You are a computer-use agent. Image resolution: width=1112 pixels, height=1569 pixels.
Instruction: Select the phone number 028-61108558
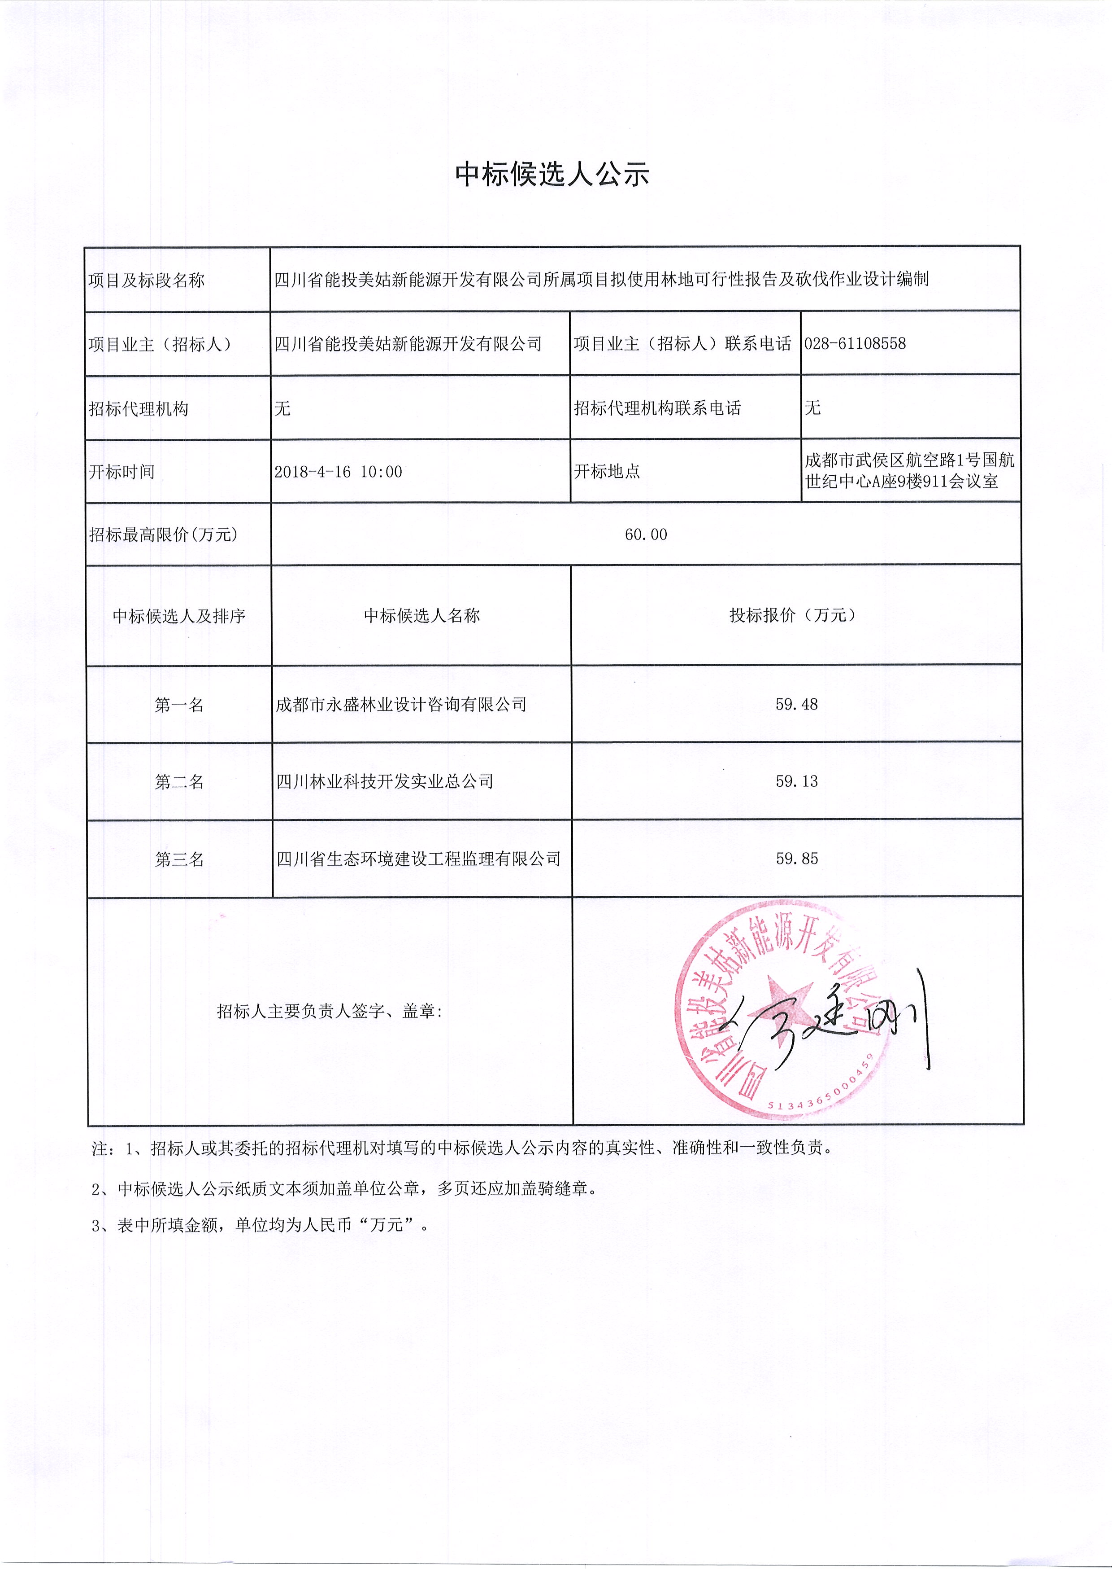(855, 343)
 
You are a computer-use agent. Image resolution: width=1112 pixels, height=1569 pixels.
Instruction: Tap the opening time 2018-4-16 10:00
(338, 471)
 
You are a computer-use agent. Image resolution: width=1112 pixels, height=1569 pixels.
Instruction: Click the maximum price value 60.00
(646, 535)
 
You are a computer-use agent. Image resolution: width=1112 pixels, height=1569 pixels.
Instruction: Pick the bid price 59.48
(796, 704)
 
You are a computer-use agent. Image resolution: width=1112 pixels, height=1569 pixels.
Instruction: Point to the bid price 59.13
(796, 781)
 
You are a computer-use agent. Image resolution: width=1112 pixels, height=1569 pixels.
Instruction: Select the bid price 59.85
(796, 859)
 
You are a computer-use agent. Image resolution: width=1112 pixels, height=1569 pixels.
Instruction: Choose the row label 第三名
(179, 859)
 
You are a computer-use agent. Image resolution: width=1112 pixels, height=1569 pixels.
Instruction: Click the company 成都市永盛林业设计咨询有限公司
(401, 704)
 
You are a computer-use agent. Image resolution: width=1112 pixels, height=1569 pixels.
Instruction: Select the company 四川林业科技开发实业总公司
(384, 781)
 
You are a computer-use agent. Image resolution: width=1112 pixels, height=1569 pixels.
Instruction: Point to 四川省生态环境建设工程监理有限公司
(418, 859)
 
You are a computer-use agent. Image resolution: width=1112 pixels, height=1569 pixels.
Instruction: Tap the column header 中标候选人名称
(422, 615)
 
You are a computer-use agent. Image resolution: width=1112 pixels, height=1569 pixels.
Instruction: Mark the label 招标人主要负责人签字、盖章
(330, 1011)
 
